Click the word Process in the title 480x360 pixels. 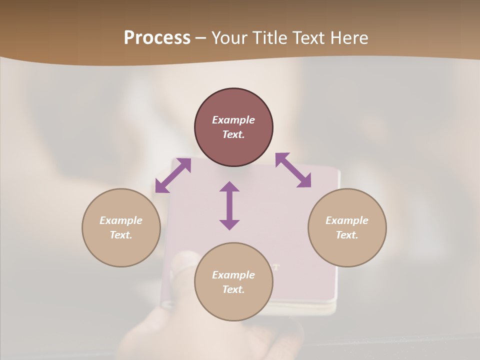157,38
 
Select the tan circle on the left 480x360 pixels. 121,250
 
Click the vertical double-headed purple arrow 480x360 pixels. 229,205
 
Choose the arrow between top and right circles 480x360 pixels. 293,170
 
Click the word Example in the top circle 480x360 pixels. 233,120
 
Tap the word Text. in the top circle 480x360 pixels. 233,134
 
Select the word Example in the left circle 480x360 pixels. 121,220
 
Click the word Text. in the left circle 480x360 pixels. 121,235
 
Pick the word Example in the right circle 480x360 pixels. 347,220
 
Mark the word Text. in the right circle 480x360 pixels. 347,235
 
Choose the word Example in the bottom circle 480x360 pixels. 233,275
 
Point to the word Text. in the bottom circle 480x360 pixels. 233,289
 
